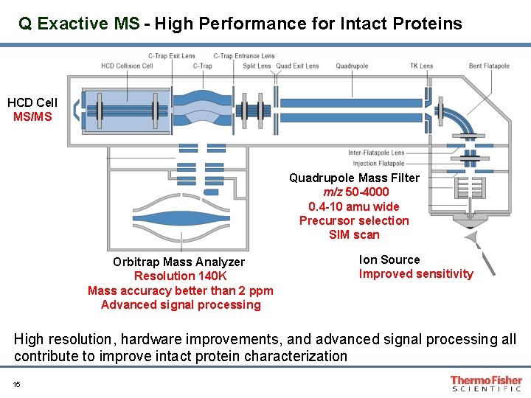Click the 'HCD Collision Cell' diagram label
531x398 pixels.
127,66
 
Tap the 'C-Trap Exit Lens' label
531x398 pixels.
172,56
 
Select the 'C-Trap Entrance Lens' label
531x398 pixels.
244,56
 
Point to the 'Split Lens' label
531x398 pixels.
257,66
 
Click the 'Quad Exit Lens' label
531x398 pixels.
297,66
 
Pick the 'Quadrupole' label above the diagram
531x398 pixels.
352,66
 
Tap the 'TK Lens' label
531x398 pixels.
421,66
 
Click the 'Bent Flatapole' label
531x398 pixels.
489,66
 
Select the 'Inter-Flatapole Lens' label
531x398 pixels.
376,153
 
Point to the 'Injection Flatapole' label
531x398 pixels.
378,164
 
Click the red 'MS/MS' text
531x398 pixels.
32,116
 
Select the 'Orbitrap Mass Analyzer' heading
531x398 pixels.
178,262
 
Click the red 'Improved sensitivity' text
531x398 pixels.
416,274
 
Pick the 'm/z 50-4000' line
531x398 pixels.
355,192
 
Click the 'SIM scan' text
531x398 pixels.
354,235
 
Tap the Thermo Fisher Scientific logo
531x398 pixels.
486,383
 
